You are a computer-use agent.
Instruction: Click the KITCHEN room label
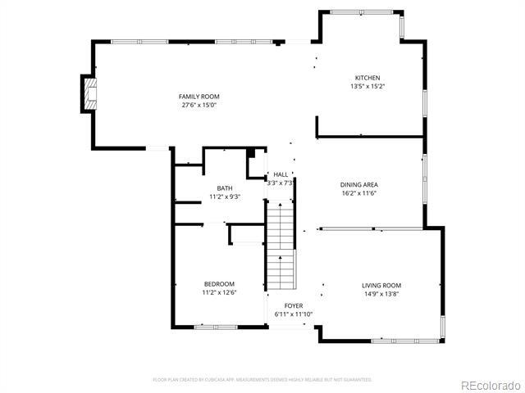[x=367, y=78]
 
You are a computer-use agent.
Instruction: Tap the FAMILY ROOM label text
[x=199, y=97]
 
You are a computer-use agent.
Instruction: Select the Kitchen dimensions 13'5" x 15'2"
[x=367, y=86]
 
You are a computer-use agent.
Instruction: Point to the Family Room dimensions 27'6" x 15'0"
[x=199, y=105]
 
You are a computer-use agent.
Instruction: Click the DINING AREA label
[x=358, y=185]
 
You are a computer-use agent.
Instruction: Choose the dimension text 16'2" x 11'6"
[x=358, y=194]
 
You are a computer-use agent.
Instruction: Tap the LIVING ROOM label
[x=381, y=285]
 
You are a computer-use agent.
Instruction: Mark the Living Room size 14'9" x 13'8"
[x=381, y=294]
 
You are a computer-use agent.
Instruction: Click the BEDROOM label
[x=219, y=284]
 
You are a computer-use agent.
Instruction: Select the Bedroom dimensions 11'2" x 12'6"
[x=219, y=293]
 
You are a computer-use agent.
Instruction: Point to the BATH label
[x=224, y=188]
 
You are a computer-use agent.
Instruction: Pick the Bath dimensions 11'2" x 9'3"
[x=224, y=197]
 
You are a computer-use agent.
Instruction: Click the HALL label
[x=281, y=174]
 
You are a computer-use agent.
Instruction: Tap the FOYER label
[x=293, y=305]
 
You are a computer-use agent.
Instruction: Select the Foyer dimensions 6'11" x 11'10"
[x=293, y=314]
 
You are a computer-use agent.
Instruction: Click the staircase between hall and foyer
[x=281, y=246]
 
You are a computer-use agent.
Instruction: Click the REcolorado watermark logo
[x=489, y=385]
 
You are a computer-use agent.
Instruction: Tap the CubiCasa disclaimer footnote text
[x=262, y=379]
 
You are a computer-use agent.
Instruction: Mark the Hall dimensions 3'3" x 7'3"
[x=281, y=183]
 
